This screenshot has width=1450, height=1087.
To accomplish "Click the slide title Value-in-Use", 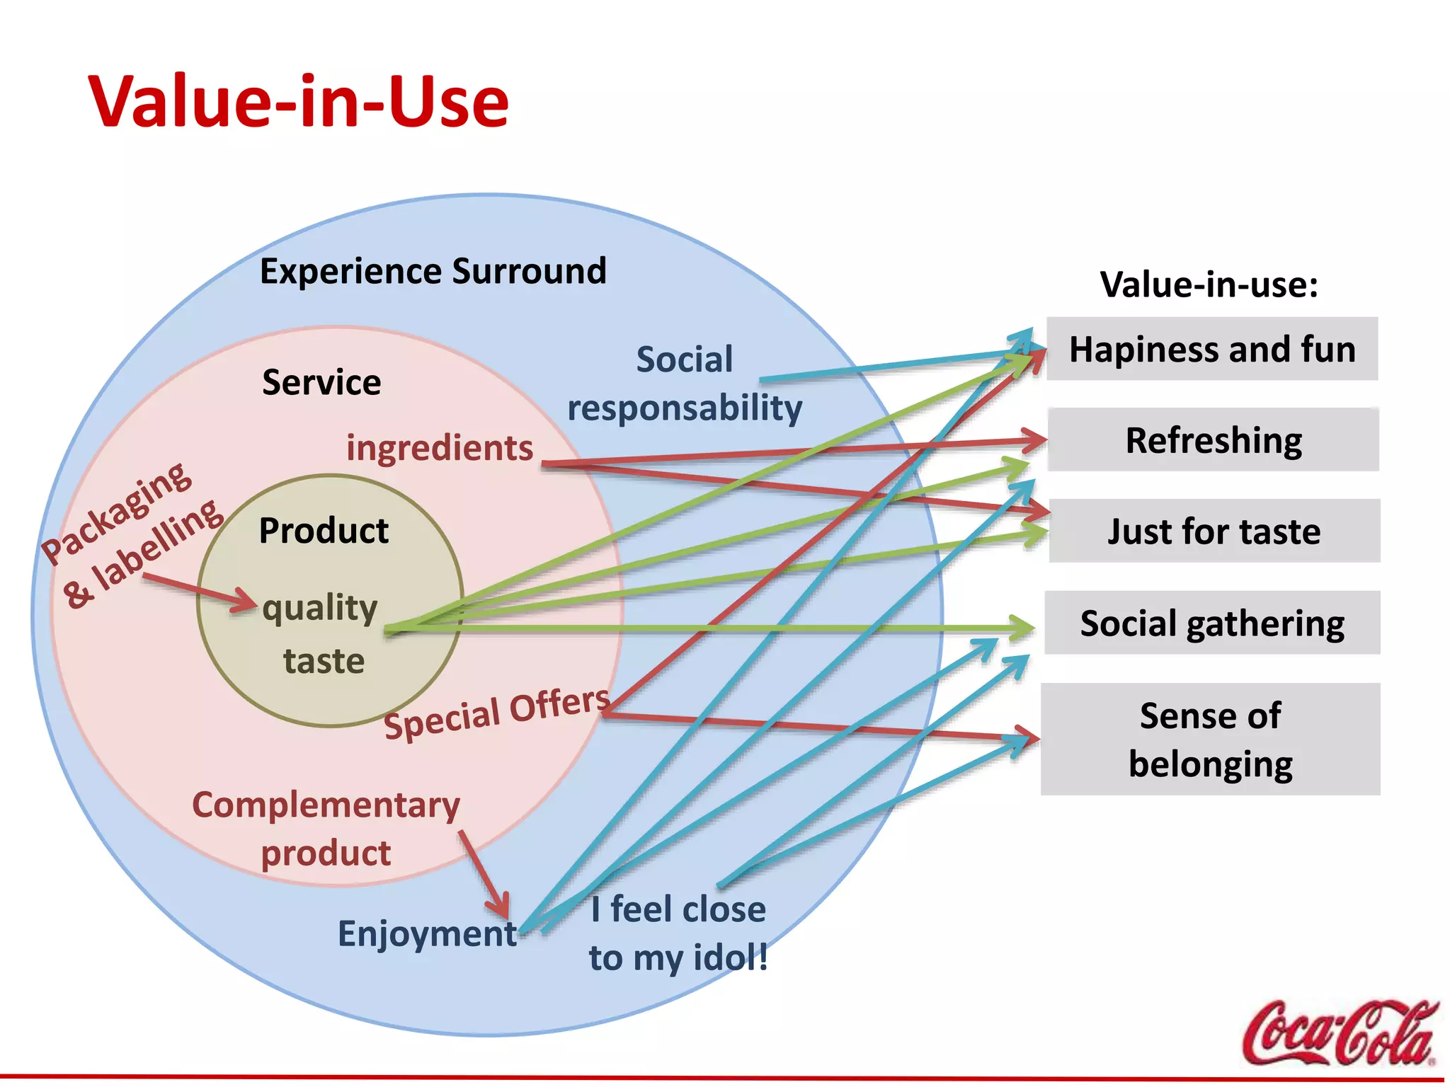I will (298, 103).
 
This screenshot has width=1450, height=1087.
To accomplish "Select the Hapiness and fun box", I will (1212, 349).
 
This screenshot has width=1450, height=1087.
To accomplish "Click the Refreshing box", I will (1214, 440).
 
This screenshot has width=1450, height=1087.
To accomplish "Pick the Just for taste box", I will (1214, 531).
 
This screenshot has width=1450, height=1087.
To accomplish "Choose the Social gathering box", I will (1212, 623).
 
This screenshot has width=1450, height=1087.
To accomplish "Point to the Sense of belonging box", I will (1210, 740).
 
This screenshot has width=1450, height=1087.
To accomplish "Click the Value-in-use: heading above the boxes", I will (1209, 284).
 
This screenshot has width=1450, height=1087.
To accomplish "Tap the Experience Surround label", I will (433, 271).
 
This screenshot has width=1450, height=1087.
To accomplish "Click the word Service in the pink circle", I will (321, 382).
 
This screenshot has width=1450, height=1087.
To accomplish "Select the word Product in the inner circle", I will (324, 531).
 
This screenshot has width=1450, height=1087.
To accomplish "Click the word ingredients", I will (440, 448).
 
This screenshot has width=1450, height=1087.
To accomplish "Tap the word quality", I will (320, 609).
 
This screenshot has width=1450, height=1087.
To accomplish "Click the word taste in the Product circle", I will (324, 661).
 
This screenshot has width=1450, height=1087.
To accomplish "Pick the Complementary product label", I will (326, 829).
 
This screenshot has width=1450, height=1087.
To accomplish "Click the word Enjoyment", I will (427, 933).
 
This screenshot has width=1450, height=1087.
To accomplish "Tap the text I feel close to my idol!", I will (678, 933).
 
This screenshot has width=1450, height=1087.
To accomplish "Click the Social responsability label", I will (685, 384).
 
